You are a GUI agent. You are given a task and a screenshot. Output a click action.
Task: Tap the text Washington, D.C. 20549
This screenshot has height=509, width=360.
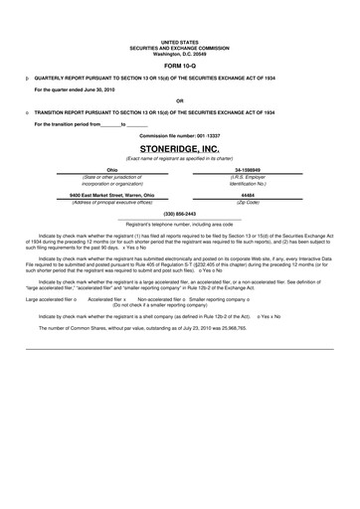(x=179, y=46)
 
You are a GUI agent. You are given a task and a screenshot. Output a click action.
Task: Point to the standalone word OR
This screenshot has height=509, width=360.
(x=179, y=100)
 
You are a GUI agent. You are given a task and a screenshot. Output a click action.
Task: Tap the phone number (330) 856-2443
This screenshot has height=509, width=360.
(x=179, y=215)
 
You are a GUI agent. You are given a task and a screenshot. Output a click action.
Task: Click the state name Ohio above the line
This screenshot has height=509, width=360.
(x=111, y=170)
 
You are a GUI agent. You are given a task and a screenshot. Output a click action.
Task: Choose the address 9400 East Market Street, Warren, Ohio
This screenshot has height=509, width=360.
(x=111, y=195)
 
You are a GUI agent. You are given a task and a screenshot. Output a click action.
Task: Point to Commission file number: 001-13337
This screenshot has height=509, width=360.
(x=179, y=135)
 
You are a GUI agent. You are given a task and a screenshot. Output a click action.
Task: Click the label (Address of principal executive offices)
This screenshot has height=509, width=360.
(x=111, y=202)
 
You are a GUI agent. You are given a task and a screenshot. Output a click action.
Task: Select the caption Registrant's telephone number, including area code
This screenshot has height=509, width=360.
(x=179, y=224)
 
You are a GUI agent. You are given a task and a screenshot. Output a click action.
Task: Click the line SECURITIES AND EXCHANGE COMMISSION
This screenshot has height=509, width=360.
(x=179, y=40)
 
